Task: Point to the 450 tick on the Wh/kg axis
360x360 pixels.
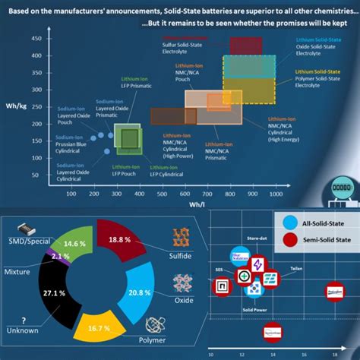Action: tap(56, 38)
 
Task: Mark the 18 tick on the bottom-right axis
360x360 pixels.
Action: tap(337, 354)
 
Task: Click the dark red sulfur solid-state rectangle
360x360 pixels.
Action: tap(245, 46)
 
